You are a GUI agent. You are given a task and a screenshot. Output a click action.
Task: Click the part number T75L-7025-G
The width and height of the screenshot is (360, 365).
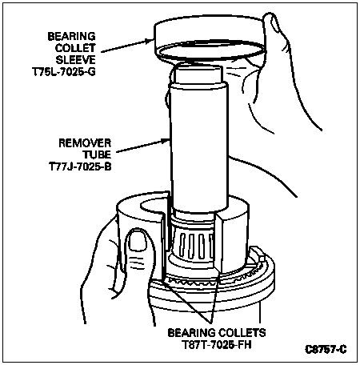point(64,72)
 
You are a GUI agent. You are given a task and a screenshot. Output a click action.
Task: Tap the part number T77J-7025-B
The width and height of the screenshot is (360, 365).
point(80,166)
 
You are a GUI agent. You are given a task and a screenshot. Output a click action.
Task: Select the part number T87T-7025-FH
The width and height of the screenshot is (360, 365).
point(217,345)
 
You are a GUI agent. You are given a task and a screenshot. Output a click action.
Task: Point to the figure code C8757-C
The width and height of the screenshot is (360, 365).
point(326,350)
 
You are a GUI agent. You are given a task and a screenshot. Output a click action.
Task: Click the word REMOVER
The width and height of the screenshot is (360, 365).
point(85,143)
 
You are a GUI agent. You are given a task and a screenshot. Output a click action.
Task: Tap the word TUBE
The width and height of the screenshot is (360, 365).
point(97,155)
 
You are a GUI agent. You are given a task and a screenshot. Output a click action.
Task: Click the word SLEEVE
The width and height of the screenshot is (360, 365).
point(75,60)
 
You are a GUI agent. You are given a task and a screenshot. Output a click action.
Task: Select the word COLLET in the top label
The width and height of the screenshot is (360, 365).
point(75,48)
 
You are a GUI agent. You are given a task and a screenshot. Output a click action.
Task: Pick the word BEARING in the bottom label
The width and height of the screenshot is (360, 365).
point(192,333)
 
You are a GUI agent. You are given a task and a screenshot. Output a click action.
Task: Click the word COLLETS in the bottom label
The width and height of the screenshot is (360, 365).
point(242,333)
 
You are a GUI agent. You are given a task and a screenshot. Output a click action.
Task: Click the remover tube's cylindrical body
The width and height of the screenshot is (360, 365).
point(199,146)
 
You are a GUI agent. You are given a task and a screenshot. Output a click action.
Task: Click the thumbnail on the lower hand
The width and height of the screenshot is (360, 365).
point(138,241)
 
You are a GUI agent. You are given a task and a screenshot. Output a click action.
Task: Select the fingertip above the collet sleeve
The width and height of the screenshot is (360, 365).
point(272,22)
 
